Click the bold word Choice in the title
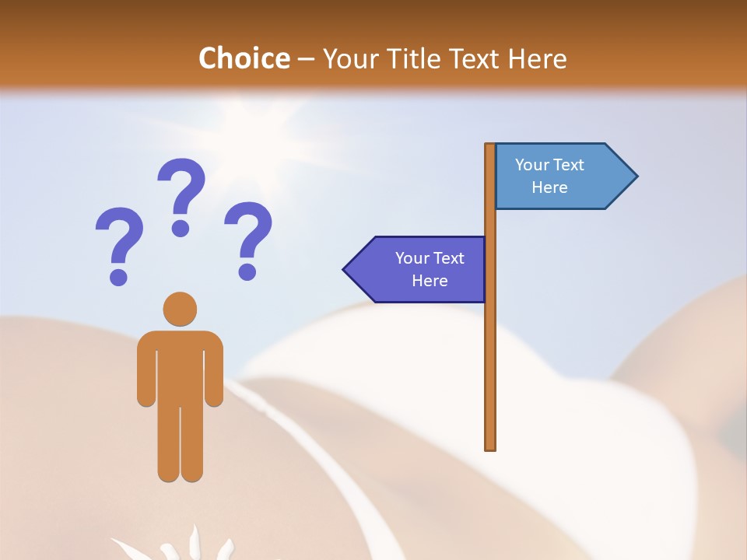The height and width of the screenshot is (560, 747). tap(244, 58)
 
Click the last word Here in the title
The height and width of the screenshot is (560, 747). tap(538, 58)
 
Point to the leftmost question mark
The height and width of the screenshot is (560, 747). tap(119, 245)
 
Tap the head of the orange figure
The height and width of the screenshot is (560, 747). tap(180, 309)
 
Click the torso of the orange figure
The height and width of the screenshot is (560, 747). tap(180, 366)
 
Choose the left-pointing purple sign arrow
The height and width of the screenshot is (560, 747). tap(416, 269)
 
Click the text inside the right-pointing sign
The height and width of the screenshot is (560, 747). tap(549, 176)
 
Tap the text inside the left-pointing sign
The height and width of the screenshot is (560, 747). tap(430, 269)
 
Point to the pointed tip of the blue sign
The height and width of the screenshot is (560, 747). tap(637, 176)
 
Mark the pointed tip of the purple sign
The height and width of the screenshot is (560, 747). tap(345, 270)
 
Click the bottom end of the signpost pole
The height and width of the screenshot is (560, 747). tap(490, 447)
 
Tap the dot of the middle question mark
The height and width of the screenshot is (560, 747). tap(181, 228)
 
